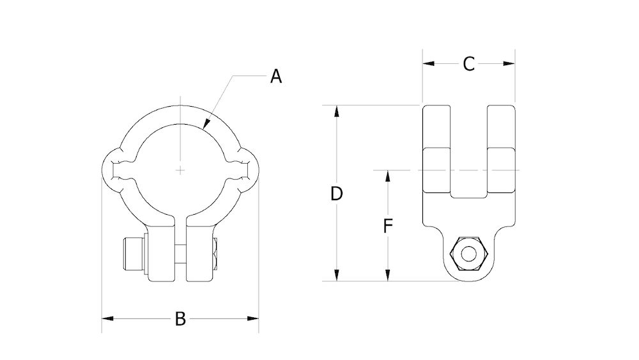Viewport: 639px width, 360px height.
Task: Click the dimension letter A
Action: pos(275,77)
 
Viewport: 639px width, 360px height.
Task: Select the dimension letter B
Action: pos(180,318)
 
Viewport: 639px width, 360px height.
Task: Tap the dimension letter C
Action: pos(468,64)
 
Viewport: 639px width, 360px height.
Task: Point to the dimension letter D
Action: pos(337,194)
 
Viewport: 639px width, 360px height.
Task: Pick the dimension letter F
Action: pos(387,226)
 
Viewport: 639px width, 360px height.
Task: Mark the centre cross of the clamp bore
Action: pos(181,170)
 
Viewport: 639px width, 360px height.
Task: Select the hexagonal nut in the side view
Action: pos(469,254)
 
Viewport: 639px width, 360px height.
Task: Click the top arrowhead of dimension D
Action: pos(337,111)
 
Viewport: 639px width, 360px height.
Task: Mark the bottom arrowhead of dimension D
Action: pos(337,276)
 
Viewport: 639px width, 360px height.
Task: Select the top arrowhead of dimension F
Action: pos(387,175)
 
